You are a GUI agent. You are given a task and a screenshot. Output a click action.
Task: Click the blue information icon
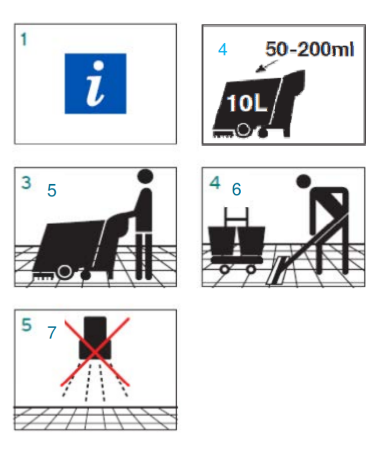coord(95,83)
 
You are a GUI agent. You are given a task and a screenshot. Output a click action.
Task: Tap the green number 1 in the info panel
coord(24,39)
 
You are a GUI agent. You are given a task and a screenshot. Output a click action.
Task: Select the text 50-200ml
coord(309,49)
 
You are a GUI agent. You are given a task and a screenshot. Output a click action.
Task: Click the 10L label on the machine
coord(246,103)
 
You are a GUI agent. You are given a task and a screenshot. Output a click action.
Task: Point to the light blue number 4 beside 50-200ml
coord(222,50)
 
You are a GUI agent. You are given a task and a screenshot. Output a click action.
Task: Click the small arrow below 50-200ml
coord(266,66)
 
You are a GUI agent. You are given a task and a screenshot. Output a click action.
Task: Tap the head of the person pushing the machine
coord(145,176)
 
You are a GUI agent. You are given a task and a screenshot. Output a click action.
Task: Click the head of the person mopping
coord(304,181)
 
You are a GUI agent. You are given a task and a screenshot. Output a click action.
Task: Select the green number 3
coord(26,183)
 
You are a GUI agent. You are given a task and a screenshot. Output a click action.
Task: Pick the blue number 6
coord(237,189)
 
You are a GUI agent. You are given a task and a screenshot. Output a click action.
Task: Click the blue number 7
coord(52,333)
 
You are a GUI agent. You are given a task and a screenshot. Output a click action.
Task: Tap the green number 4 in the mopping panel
coord(215,183)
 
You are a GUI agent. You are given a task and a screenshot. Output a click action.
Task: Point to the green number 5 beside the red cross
coord(26,324)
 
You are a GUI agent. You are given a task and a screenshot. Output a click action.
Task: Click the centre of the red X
coord(95,352)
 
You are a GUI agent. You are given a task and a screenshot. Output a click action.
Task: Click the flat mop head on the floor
coord(276,270)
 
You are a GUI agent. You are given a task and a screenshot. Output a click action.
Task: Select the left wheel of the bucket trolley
coord(224,269)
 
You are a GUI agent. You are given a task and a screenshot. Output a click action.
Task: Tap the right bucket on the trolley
coord(251,241)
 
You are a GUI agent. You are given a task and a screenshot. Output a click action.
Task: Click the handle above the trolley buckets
coord(237,216)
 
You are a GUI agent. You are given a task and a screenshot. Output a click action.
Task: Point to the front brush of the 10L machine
coord(224,134)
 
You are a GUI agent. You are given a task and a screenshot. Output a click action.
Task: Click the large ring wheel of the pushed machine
coord(65,272)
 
